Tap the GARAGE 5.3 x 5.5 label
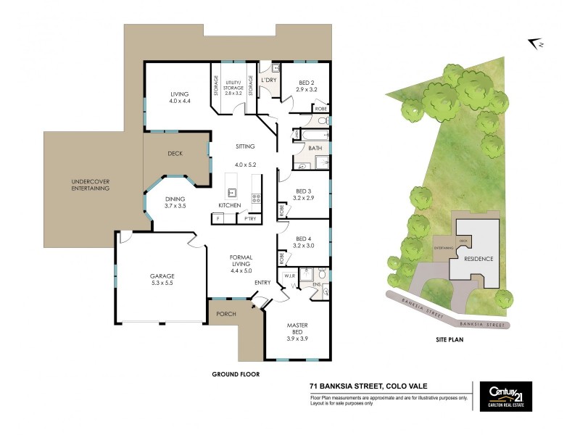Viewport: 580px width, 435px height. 163,279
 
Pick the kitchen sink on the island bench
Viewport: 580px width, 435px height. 233,192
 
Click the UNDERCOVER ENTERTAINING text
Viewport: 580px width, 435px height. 90,185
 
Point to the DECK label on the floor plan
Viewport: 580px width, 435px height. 175,154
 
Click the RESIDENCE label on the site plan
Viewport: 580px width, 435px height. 478,259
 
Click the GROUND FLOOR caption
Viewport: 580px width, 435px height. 236,374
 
